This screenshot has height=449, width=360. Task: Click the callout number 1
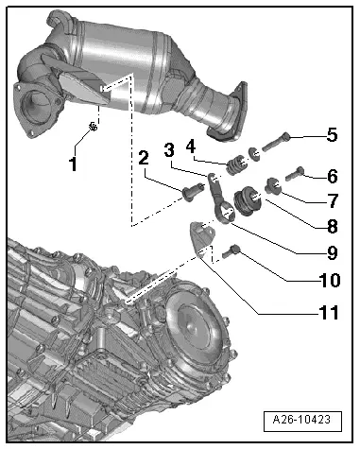73,164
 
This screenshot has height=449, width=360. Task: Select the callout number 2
144,158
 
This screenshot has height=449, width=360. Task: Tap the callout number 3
169,149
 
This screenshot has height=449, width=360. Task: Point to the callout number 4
191,146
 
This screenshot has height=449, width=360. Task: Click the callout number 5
332,135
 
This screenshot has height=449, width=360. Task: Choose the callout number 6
333,177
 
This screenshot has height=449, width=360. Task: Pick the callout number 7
334,200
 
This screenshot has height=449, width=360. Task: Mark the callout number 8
333,226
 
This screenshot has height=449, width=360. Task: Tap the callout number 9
333,252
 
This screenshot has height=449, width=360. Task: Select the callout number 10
330,280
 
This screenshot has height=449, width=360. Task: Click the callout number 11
329,312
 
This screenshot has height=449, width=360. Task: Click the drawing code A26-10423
301,420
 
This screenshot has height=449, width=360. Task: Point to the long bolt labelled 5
276,142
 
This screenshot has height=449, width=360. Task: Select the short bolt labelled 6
295,173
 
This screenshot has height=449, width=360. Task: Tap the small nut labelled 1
93,127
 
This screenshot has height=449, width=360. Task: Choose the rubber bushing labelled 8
247,200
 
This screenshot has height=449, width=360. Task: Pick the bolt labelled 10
231,251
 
